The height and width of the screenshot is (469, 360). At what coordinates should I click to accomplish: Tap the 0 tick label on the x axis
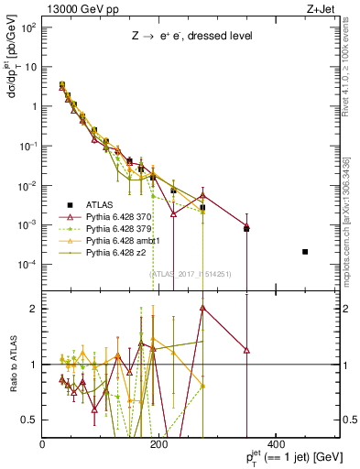click(x=43, y=445)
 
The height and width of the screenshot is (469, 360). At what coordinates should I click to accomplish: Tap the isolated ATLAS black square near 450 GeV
click(x=305, y=252)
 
